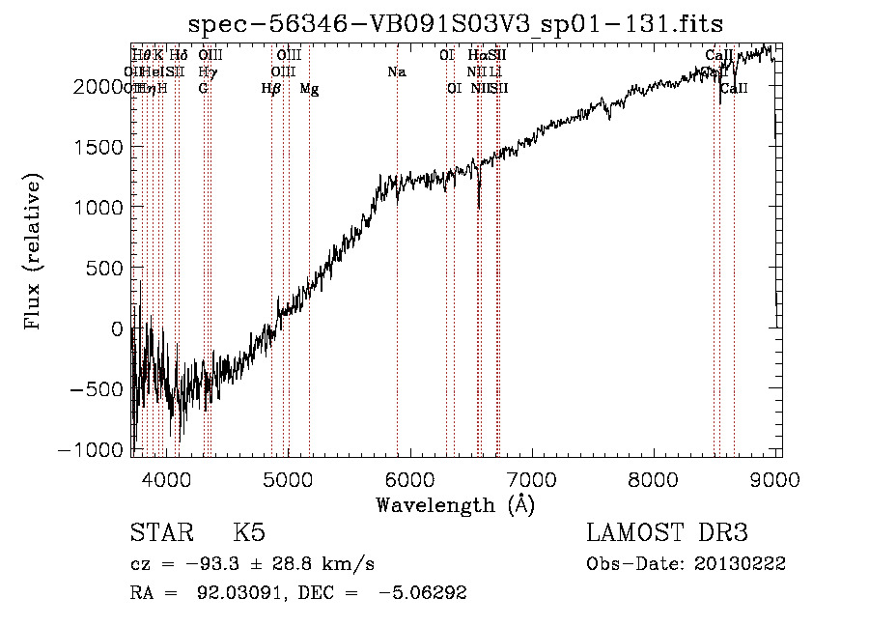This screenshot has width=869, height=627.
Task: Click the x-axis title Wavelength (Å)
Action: pos(456,504)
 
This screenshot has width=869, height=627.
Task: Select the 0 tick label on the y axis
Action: pos(117,329)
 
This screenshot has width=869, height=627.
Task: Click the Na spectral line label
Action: pos(396,71)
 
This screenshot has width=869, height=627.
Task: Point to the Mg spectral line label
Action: pos(309,89)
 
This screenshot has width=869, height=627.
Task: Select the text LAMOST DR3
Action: pos(666,534)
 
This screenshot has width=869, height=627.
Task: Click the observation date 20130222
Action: pos(740,563)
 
